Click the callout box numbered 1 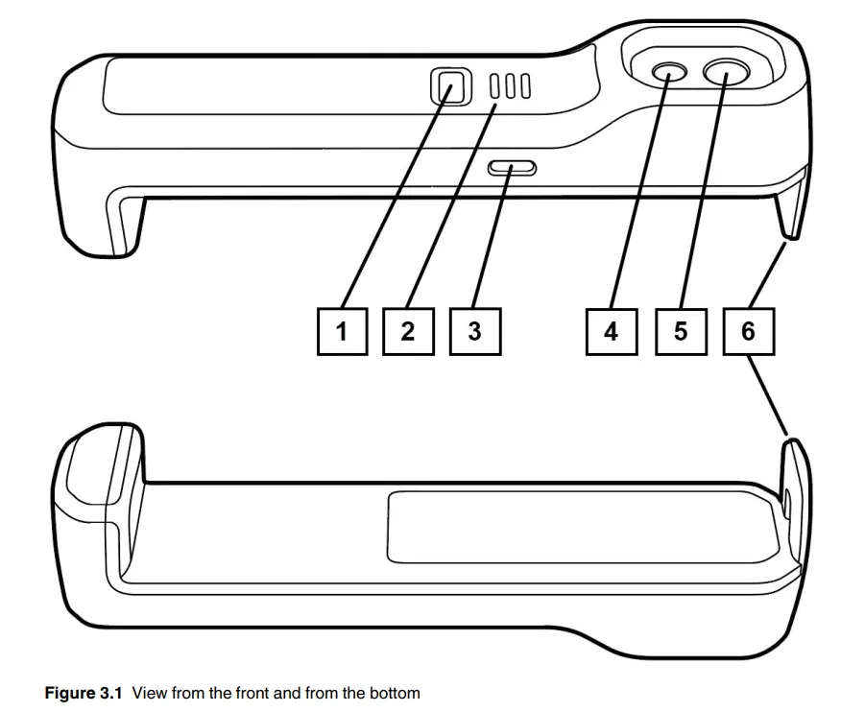point(342,331)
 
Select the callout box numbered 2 point(408,331)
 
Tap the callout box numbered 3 point(474,331)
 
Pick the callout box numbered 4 point(611,331)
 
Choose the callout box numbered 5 point(680,331)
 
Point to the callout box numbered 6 point(748,331)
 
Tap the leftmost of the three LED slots point(495,88)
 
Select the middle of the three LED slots point(511,88)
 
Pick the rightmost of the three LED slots point(525,88)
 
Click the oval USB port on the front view point(512,169)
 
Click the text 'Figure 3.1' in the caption point(84,692)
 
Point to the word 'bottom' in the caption point(396,692)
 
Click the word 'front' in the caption point(253,692)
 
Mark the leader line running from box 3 point(490,245)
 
